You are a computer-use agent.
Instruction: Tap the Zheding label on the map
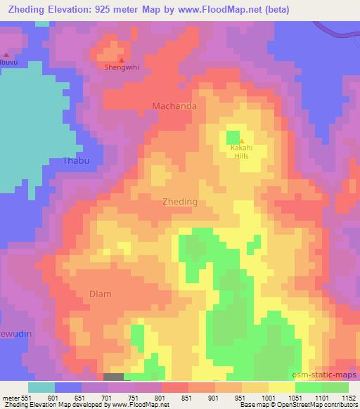click(x=180, y=201)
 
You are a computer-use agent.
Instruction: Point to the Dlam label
click(x=101, y=294)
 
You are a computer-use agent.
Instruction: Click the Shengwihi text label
click(x=119, y=69)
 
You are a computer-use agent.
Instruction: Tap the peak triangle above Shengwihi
click(x=121, y=60)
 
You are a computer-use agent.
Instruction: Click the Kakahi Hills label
click(x=241, y=152)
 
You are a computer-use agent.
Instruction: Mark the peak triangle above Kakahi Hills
click(x=242, y=141)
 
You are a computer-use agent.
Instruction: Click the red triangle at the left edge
click(x=6, y=54)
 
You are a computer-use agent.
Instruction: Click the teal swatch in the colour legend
click(x=41, y=387)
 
